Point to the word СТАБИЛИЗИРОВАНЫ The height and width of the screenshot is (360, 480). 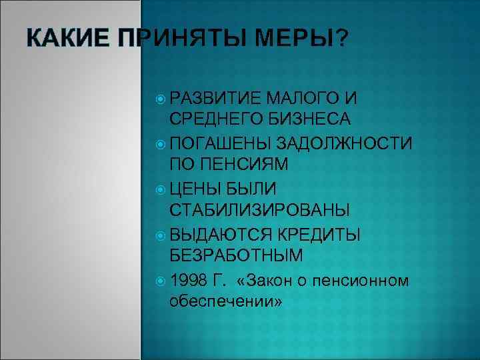tap(259, 211)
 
